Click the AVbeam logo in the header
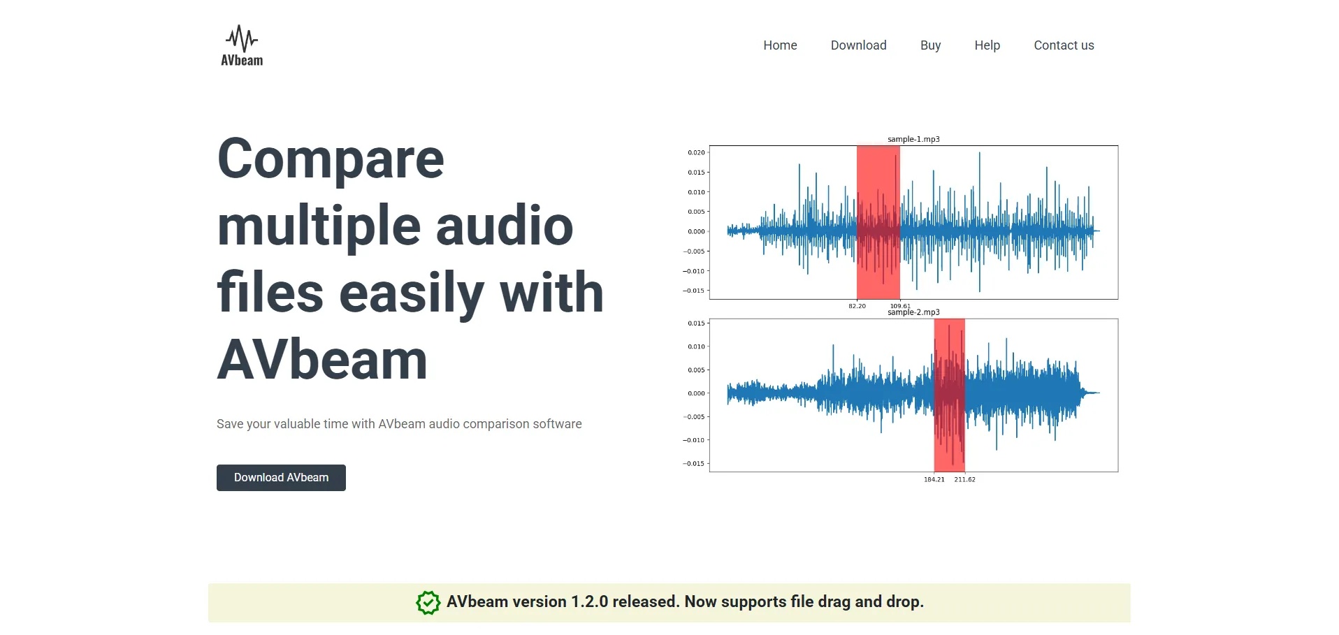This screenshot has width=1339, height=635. pos(242,45)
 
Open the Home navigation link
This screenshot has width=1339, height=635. pos(780,45)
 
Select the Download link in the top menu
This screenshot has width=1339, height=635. pos(858,45)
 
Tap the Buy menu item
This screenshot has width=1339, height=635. pos(930,45)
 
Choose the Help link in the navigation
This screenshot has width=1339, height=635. pos(987,45)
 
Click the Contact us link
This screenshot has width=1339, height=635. pos(1064,45)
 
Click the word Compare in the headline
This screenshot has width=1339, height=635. pos(331,160)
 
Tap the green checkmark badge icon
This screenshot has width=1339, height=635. pos(428,602)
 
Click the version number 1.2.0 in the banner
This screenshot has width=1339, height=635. pos(589,601)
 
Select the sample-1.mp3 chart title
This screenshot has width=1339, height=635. pos(913,139)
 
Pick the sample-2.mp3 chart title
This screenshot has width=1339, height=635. pos(913,312)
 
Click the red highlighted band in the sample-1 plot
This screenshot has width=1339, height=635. pos(878,222)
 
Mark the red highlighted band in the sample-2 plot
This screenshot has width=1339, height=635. pos(949,395)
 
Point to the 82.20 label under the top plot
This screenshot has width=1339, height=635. pos(857,306)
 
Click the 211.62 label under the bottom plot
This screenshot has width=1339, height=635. pos(964,479)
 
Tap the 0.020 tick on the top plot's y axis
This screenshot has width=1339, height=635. pos(696,152)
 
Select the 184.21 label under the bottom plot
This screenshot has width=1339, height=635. pos(934,479)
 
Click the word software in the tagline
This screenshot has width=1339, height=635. pos(557,424)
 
